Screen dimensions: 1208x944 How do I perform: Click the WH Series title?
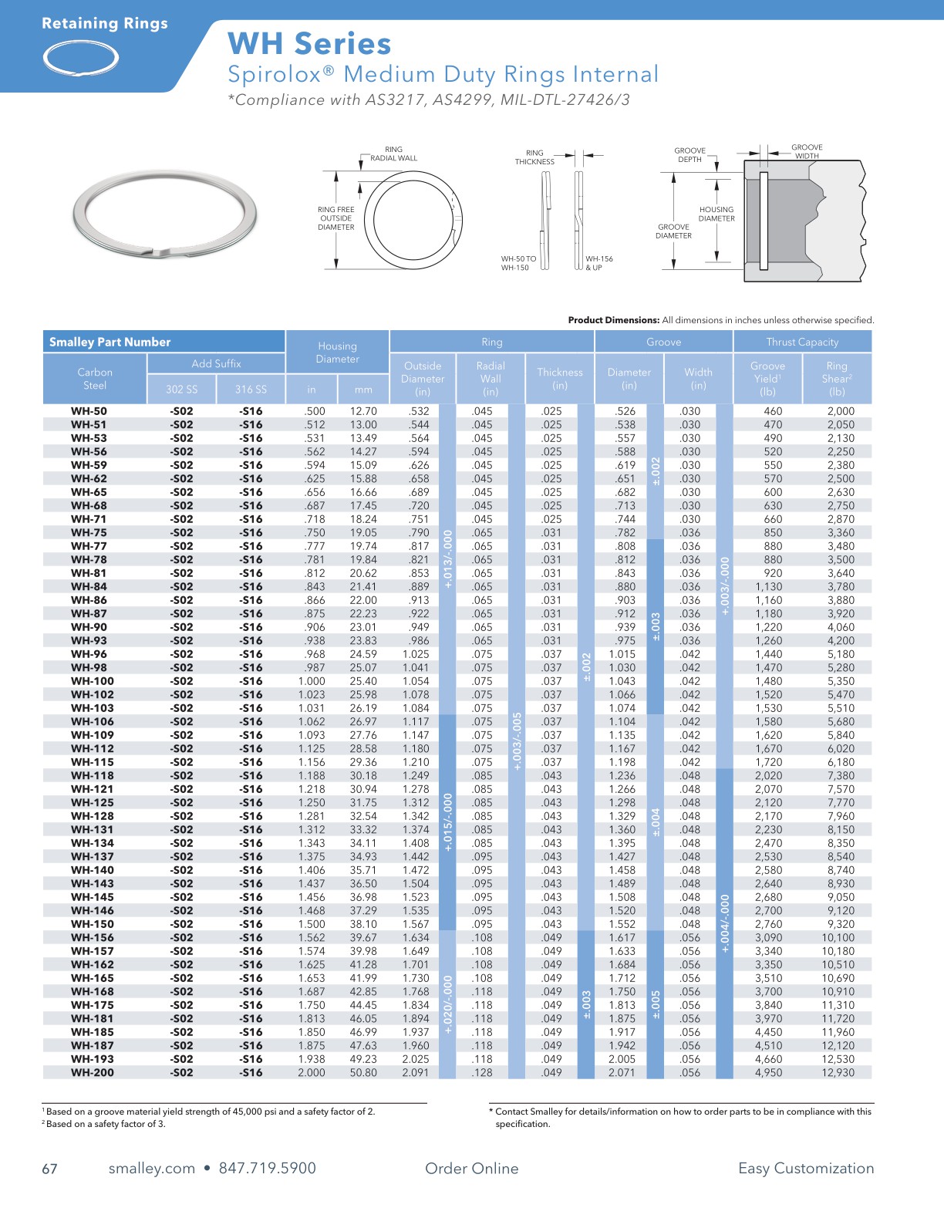(309, 44)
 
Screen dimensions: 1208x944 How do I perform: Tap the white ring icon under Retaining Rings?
(81, 58)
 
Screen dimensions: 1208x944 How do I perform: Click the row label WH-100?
(92, 681)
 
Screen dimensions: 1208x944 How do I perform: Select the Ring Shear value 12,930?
(837, 1072)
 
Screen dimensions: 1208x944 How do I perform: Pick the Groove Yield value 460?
(772, 411)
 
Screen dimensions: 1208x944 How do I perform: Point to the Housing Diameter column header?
(337, 353)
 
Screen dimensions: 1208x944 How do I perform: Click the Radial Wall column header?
(491, 378)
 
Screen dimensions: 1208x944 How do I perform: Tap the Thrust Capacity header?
(802, 342)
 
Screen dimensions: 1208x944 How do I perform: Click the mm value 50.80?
(363, 1072)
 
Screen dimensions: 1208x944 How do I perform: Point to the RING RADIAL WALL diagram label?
(393, 154)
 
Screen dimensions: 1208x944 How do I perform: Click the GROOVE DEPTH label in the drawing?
(689, 155)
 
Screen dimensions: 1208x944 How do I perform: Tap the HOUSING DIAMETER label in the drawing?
(716, 214)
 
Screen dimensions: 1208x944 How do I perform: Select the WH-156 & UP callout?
(598, 263)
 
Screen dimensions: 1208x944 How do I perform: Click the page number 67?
(49, 1169)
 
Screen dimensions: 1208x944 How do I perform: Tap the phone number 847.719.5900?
(267, 1168)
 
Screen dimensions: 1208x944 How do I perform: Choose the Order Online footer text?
(471, 1168)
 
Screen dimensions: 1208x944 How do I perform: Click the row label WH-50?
(89, 411)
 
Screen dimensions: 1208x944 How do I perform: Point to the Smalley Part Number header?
(110, 342)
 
